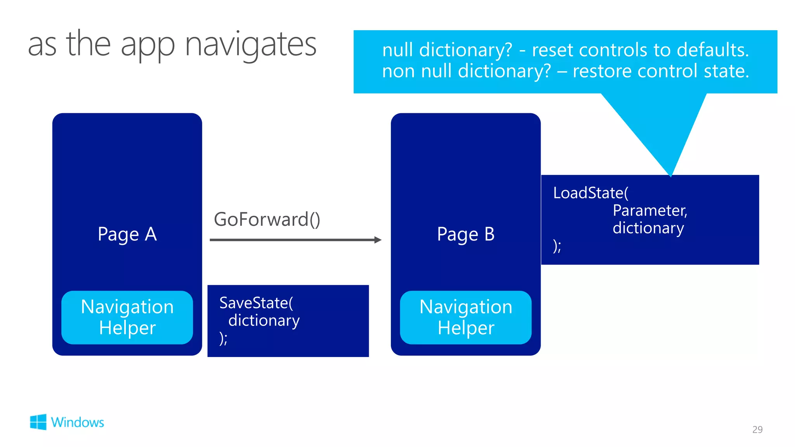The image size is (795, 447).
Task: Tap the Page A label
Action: [127, 234]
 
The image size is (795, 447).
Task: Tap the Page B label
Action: [465, 234]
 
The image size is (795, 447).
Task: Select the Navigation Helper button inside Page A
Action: [127, 317]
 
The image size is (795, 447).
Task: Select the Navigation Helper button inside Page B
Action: [465, 317]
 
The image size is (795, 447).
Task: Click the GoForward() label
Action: [267, 220]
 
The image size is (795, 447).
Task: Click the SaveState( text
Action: [256, 303]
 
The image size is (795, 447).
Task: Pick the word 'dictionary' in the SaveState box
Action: [264, 321]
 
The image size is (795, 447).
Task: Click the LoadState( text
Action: [590, 193]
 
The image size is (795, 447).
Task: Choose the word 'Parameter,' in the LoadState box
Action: [650, 211]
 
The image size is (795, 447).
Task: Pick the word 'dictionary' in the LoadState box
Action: [648, 228]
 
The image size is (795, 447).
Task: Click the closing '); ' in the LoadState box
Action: [557, 246]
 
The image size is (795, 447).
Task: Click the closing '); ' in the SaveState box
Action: [223, 338]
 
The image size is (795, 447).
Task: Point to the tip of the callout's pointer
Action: [670, 175]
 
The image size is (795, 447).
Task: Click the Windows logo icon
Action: [38, 422]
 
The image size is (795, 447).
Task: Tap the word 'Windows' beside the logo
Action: [78, 422]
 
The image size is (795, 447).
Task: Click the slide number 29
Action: [757, 430]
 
